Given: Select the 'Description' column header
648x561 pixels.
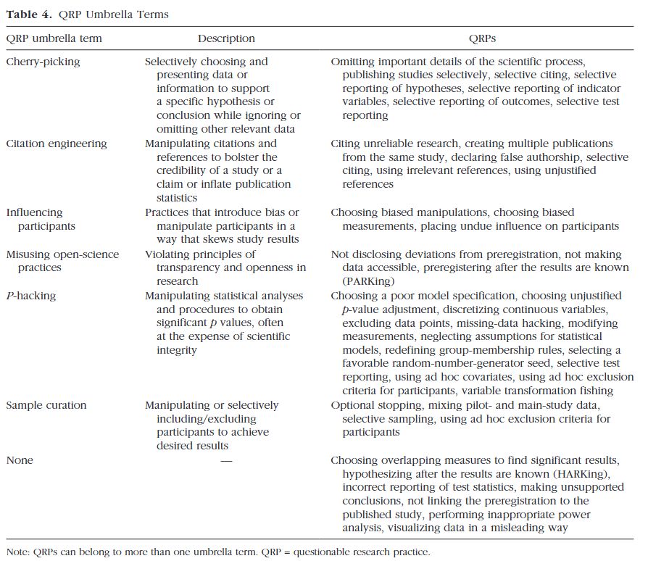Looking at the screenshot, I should click(226, 38).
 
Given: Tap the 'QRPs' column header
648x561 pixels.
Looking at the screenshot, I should click(482, 38).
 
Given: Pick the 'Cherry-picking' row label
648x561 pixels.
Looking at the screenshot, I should click(43, 62).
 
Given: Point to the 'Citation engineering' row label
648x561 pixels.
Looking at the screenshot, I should click(57, 144).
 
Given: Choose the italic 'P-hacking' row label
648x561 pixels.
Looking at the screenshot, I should click(31, 296).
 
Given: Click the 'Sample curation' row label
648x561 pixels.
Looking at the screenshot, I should click(46, 405).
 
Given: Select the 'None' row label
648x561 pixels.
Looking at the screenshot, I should click(20, 460).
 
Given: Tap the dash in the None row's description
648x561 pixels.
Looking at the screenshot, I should click(226, 460).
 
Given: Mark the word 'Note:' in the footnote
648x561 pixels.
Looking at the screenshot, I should click(20, 552).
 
